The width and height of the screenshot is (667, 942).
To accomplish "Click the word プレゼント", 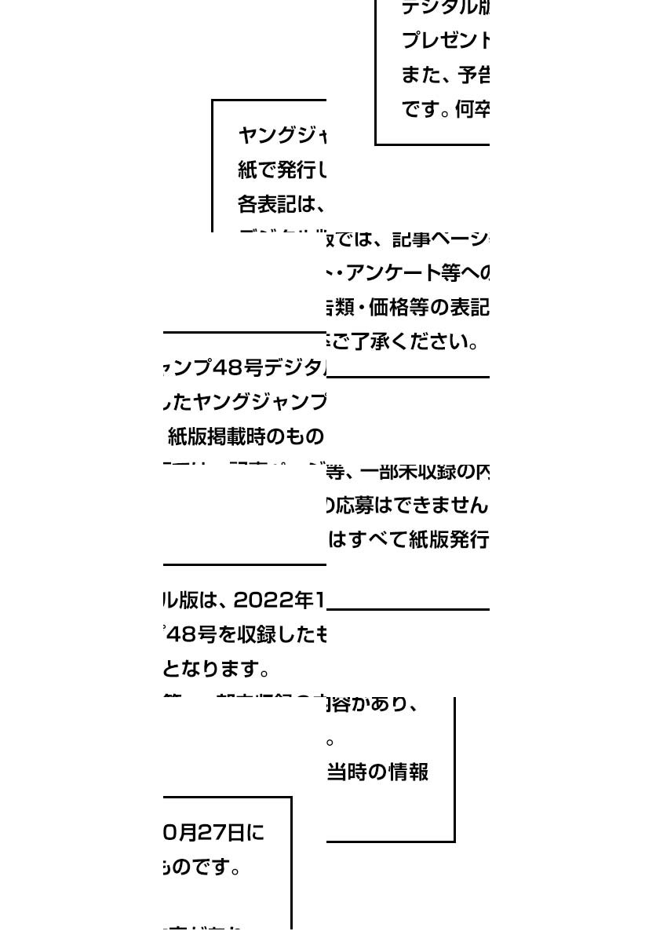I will click(446, 39).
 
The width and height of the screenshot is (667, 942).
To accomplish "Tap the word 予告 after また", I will click(474, 75).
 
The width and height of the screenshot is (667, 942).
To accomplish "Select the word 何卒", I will click(472, 110).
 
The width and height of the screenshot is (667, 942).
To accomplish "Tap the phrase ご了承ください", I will click(405, 341).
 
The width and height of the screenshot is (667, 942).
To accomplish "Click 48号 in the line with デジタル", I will click(238, 367).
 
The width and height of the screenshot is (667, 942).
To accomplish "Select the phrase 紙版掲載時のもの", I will click(246, 436).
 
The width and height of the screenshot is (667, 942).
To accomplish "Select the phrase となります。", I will click(217, 670).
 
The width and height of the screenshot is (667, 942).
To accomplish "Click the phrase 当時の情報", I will click(377, 772).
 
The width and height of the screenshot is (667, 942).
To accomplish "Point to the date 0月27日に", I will click(213, 832).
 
